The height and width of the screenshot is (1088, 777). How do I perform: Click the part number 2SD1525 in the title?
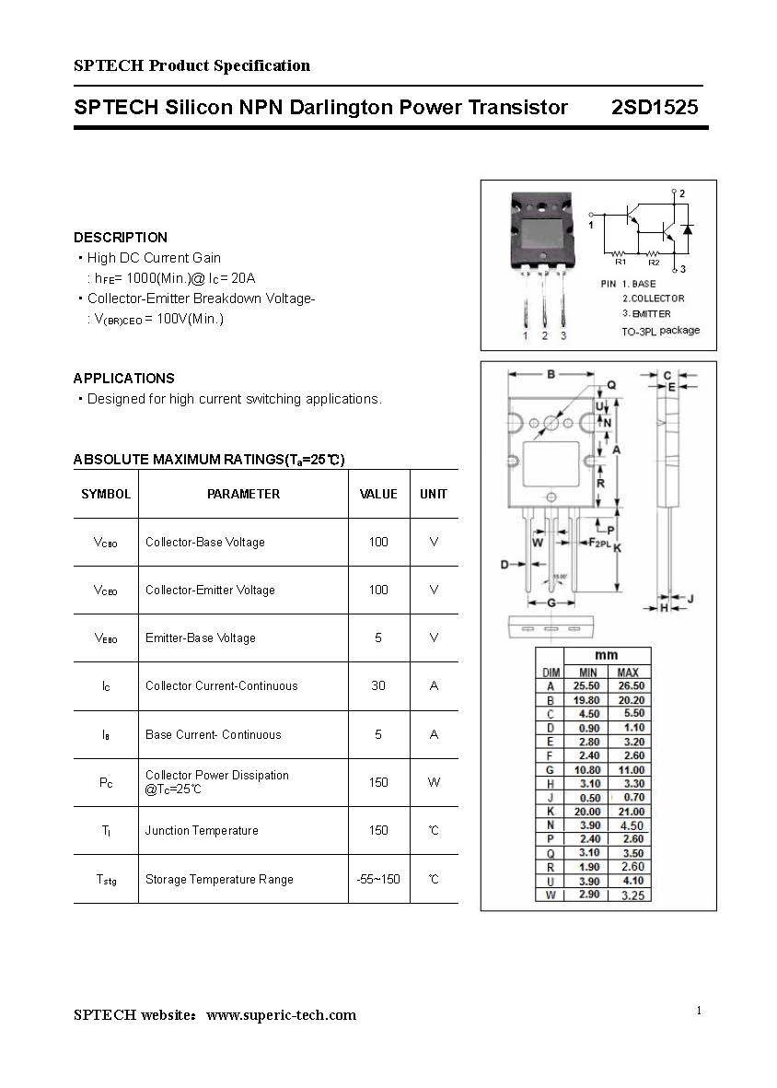pos(655,108)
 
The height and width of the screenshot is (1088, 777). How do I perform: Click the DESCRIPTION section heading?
pos(121,237)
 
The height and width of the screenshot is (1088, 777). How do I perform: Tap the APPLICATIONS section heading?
pos(123,378)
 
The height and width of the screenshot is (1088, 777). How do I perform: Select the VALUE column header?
pos(378,494)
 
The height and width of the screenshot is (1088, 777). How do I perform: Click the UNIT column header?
pos(433,494)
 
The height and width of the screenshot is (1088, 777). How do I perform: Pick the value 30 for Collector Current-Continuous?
pos(378,685)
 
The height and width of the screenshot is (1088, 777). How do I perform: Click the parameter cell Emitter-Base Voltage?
pos(200,638)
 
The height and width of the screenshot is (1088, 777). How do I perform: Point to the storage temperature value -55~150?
pos(378,879)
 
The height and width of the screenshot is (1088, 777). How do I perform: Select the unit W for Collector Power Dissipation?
pos(433,782)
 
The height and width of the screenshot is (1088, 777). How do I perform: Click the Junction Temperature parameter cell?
pos(202,830)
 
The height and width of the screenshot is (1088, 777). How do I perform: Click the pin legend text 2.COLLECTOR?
pos(653,298)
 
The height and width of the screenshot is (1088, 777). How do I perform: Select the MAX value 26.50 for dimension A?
pos(631,686)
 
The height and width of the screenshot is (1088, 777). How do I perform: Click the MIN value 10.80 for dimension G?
pos(586,770)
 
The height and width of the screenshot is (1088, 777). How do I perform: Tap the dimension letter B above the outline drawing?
pos(551,374)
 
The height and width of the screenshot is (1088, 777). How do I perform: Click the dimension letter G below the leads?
pos(551,602)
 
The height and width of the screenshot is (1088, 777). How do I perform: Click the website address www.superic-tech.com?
pos(281,1015)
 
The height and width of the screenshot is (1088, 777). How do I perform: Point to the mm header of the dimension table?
pos(606,656)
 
